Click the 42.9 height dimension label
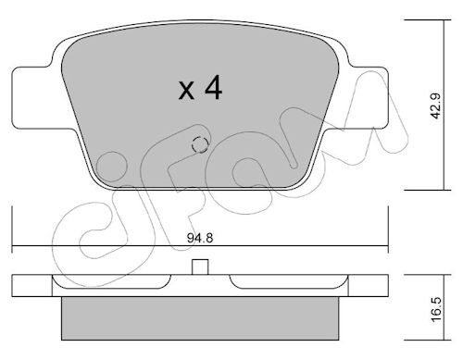[437, 106]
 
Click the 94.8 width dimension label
[200, 238]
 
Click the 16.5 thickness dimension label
[437, 310]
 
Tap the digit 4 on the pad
[213, 87]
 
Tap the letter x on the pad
[186, 91]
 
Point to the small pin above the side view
[200, 267]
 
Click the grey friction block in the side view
[200, 318]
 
